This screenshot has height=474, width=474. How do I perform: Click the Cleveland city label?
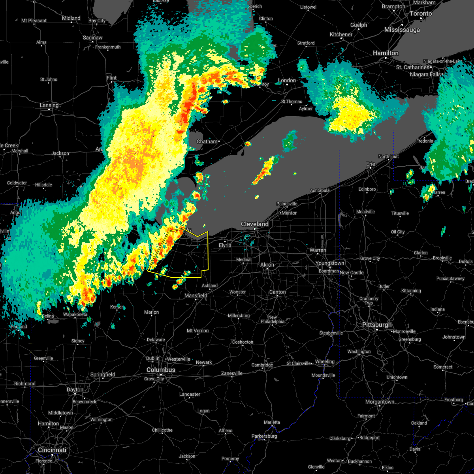pyautogui.click(x=255, y=224)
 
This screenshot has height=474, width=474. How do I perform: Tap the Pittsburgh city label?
pyautogui.click(x=377, y=325)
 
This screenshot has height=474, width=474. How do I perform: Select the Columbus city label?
pyautogui.click(x=161, y=370)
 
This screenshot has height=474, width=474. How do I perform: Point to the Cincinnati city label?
pyautogui.click(x=52, y=450)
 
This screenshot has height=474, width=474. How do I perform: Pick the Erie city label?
pyautogui.click(x=371, y=164)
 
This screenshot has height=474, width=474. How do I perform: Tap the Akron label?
pyautogui.click(x=267, y=265)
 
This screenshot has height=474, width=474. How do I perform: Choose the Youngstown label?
pyautogui.click(x=329, y=263)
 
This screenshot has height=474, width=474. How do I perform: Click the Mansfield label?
pyautogui.click(x=196, y=295)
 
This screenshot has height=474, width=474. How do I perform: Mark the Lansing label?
pyautogui.click(x=49, y=105)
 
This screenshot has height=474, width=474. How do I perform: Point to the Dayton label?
pyautogui.click(x=75, y=389)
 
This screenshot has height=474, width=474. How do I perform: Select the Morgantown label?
pyautogui.click(x=380, y=402)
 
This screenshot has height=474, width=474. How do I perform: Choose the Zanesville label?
pyautogui.click(x=231, y=373)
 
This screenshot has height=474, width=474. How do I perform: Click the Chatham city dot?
pyautogui.click(x=219, y=141)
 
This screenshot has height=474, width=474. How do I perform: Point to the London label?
pyautogui.click(x=287, y=80)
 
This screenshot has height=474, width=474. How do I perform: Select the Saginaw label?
pyautogui.click(x=93, y=38)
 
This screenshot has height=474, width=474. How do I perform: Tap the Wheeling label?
pyautogui.click(x=325, y=362)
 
